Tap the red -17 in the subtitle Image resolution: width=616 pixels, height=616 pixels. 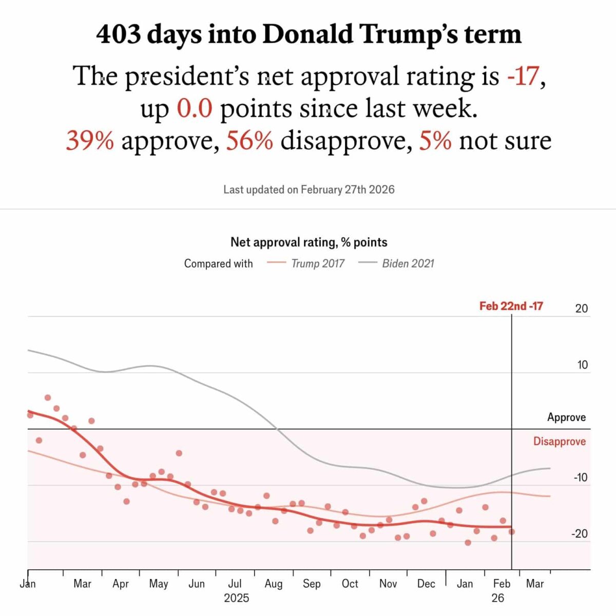pyautogui.click(x=523, y=76)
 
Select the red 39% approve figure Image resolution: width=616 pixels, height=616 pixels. pyautogui.click(x=90, y=141)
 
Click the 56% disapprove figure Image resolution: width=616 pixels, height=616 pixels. pyautogui.click(x=249, y=141)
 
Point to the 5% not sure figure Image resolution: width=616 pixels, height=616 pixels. pyautogui.click(x=435, y=141)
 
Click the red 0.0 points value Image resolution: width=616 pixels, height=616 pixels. pyautogui.click(x=195, y=109)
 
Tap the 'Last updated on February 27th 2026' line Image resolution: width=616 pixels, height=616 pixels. pyautogui.click(x=309, y=189)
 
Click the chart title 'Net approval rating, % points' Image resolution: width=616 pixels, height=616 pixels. pyautogui.click(x=309, y=242)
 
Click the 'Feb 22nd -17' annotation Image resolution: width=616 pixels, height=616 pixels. pyautogui.click(x=511, y=306)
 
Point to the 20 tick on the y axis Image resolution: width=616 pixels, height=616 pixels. pyautogui.click(x=581, y=309)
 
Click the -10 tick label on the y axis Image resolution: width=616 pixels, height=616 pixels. pyautogui.click(x=580, y=477)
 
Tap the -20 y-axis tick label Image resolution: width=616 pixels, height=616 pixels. pyautogui.click(x=580, y=534)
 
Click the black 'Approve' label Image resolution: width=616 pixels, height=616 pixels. pyautogui.click(x=566, y=417)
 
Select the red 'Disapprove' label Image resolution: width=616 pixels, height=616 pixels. pyautogui.click(x=559, y=441)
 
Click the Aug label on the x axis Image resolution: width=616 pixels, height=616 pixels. pyautogui.click(x=274, y=584)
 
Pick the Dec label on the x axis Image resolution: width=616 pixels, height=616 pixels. pyautogui.click(x=426, y=584)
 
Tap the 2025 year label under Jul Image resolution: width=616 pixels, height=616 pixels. pyautogui.click(x=236, y=598)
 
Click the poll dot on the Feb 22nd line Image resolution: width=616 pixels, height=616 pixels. pyautogui.click(x=511, y=532)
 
